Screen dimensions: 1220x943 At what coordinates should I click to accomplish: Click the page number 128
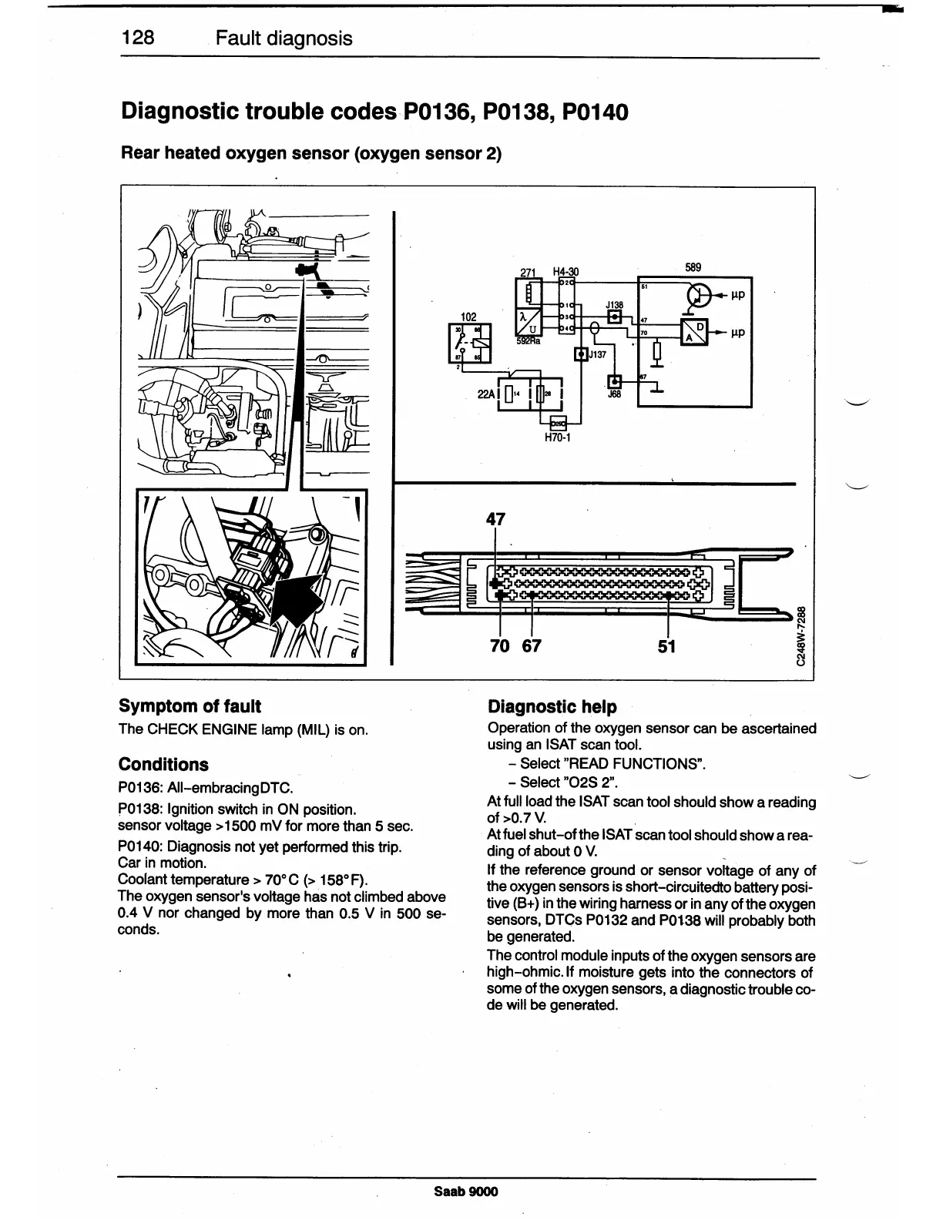click(138, 38)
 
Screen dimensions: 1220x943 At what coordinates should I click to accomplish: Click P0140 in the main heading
click(595, 112)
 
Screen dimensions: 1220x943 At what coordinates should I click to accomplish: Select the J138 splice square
click(614, 317)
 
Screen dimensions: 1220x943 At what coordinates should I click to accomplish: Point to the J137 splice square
click(581, 354)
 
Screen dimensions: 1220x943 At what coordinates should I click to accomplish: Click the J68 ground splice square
click(614, 383)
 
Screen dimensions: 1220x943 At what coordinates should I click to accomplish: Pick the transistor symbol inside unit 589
click(700, 297)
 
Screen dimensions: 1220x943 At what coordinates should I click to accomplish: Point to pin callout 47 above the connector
click(495, 519)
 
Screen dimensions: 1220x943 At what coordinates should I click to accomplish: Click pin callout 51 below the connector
click(666, 646)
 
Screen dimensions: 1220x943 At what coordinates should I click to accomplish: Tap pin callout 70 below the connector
click(500, 646)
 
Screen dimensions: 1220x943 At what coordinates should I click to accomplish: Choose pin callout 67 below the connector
click(532, 646)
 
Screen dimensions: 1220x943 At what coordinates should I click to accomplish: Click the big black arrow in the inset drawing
click(297, 597)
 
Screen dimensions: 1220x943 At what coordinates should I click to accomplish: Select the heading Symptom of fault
click(190, 706)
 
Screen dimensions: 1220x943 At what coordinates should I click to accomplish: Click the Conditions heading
click(163, 765)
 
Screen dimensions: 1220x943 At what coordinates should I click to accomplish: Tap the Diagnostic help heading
click(552, 707)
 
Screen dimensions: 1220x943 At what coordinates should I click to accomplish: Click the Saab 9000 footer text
click(466, 1192)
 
